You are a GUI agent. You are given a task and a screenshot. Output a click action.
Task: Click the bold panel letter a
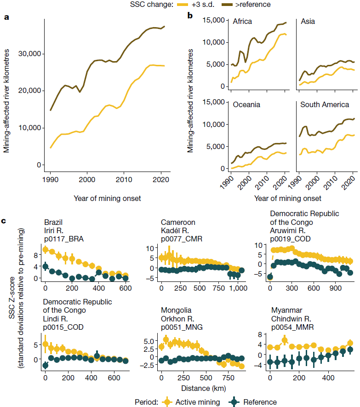[x=6, y=18]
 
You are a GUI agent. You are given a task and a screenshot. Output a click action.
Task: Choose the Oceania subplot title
[x=246, y=104]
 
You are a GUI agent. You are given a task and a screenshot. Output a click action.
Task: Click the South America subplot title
[x=325, y=104]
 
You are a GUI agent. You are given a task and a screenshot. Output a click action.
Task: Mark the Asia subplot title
[x=308, y=22]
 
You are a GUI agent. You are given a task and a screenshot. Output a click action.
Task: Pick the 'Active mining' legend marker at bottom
[x=167, y=401]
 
